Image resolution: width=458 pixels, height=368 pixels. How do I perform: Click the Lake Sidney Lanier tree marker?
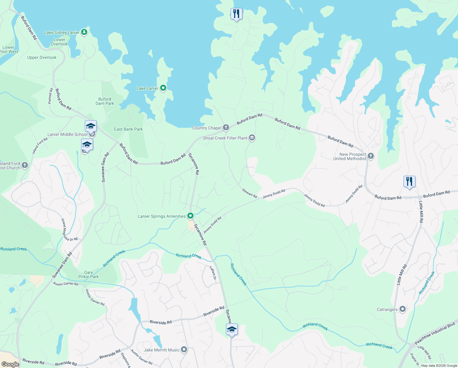click(x=84, y=32)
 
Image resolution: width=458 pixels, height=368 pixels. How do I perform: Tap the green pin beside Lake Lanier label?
click(x=163, y=88)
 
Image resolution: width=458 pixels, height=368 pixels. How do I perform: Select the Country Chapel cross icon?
click(x=226, y=128)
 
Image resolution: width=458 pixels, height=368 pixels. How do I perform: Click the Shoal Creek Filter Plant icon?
click(x=252, y=138)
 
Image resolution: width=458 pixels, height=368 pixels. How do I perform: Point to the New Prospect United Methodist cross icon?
click(x=371, y=156)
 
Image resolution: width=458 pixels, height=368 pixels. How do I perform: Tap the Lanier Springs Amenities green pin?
click(x=190, y=216)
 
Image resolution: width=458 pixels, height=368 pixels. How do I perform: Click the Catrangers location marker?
click(x=403, y=309)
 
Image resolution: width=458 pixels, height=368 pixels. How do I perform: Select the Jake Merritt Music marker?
click(x=184, y=350)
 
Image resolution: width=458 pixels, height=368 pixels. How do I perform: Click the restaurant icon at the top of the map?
click(x=236, y=14)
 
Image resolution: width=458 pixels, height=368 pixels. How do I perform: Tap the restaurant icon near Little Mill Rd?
click(x=409, y=181)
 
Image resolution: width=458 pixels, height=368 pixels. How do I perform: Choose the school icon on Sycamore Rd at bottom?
click(x=232, y=330)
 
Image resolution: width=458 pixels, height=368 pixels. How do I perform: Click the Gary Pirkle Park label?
click(x=88, y=274)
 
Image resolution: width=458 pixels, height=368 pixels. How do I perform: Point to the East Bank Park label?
click(x=128, y=129)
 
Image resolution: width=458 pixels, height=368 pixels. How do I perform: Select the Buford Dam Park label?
click(x=105, y=101)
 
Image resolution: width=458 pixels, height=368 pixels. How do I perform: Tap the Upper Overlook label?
click(x=42, y=57)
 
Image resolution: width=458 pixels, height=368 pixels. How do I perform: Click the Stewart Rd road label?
click(x=250, y=193)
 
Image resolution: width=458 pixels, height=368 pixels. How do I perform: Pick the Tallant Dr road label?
click(x=213, y=273)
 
